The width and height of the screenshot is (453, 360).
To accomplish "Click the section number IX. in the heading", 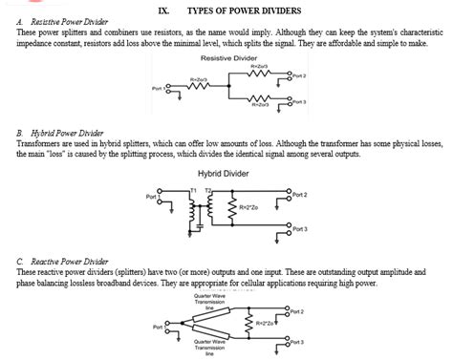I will pyautogui.click(x=163, y=10).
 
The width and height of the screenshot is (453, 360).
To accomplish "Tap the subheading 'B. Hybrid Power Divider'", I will pyautogui.click(x=56, y=133).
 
